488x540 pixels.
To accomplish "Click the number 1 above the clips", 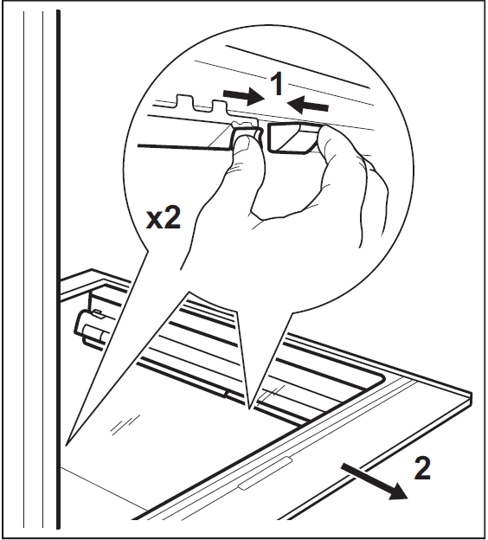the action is (x=277, y=84).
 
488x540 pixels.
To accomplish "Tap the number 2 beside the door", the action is (x=422, y=467).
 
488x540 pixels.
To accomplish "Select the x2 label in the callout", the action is (x=164, y=218).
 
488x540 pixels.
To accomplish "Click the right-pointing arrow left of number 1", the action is (x=244, y=96).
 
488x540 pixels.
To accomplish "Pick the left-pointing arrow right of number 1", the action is (x=308, y=104).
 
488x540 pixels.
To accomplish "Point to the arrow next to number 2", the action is (x=375, y=481).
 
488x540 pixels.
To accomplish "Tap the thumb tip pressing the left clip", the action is (x=244, y=140).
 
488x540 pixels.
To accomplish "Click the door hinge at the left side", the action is (x=89, y=325).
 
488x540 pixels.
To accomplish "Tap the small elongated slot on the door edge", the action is (x=266, y=473).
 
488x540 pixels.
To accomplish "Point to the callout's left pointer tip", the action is (x=66, y=445).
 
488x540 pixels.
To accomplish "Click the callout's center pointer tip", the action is (x=249, y=408).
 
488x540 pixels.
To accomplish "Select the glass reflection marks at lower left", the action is (x=125, y=422).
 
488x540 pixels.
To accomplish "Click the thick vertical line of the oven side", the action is (x=58, y=270).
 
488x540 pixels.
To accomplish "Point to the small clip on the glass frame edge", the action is (x=226, y=394).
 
